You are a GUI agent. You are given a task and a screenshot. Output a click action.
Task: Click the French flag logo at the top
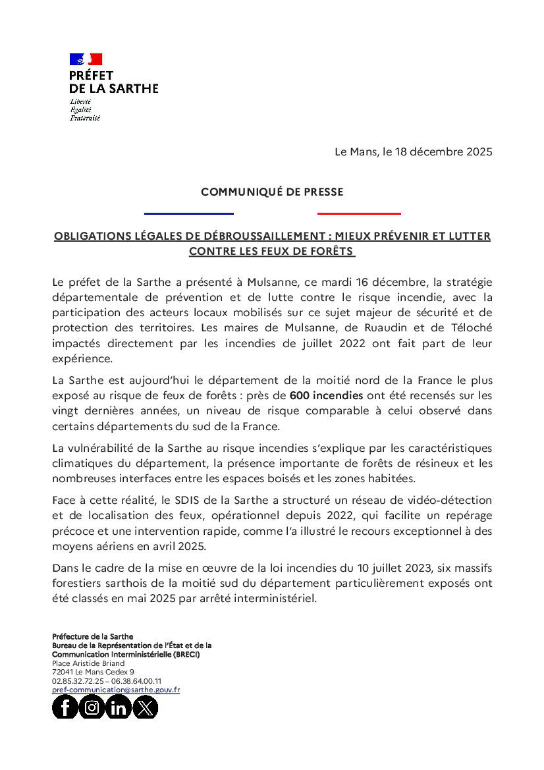(x=86, y=59)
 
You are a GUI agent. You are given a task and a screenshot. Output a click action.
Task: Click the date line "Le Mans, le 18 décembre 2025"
(x=413, y=151)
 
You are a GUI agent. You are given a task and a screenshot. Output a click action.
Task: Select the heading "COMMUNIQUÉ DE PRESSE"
(x=272, y=192)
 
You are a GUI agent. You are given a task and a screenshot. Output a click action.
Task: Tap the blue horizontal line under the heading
(x=189, y=213)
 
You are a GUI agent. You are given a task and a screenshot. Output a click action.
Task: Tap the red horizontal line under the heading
(x=359, y=213)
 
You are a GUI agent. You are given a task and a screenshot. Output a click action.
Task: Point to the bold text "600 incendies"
(x=326, y=396)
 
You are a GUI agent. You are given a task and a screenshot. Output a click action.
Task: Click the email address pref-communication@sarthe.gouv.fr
(x=116, y=690)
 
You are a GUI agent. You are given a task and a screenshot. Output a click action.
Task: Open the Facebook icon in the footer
(x=65, y=707)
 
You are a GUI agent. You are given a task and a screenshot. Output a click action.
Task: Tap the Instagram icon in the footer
(x=92, y=707)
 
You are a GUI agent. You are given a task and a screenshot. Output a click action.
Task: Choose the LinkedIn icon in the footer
(x=119, y=707)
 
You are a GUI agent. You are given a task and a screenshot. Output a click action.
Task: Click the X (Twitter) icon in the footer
(x=146, y=707)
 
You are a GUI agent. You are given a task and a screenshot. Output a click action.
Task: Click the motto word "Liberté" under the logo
(x=80, y=101)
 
